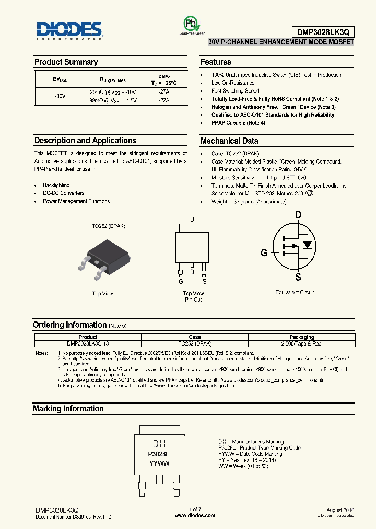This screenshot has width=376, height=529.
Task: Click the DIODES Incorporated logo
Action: [x=68, y=30]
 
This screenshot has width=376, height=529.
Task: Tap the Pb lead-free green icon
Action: [x=190, y=24]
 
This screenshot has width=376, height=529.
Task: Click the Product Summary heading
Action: [x=66, y=62]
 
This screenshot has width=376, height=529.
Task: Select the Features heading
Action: [x=216, y=62]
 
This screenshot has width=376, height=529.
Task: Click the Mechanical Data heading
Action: [x=229, y=141]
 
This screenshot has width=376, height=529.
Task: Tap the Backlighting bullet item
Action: [x=56, y=185]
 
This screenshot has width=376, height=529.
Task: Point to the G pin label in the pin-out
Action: [x=181, y=281]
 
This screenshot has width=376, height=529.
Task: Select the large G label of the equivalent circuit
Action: [x=264, y=252]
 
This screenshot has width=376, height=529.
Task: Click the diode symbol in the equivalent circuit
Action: [x=308, y=245]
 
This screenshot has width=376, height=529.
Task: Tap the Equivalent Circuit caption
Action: [x=295, y=292]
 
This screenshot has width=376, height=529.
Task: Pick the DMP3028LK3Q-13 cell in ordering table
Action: [x=88, y=343]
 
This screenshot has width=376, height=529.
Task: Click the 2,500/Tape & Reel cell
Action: [x=301, y=343]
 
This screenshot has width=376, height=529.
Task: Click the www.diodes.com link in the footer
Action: [x=195, y=515]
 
